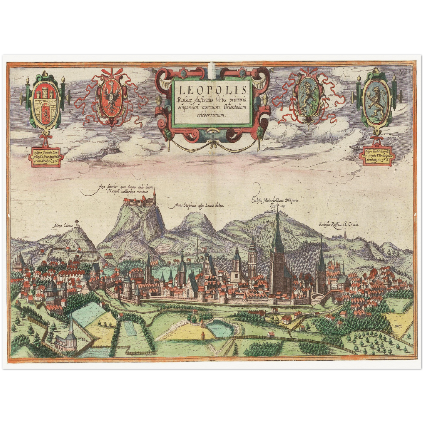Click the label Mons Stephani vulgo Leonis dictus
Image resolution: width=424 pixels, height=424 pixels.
click(196, 206)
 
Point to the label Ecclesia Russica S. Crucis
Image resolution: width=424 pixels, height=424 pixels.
click(339, 224)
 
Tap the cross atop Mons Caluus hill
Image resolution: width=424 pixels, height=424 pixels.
click(77, 222)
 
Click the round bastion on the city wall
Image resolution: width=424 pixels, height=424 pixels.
click(317, 299)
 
